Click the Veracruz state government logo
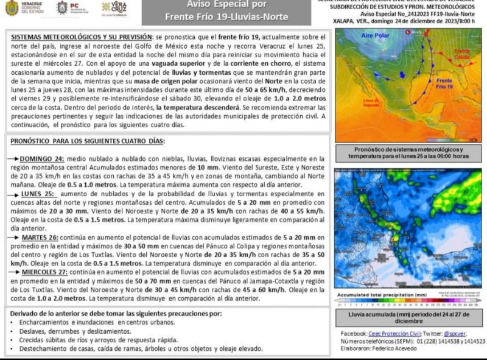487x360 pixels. (25, 8)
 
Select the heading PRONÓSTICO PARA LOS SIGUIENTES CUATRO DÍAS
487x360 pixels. (88, 141)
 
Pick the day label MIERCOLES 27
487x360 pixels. (46, 272)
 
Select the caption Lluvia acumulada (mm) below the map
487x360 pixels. (408, 317)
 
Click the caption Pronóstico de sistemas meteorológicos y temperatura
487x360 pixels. (408, 153)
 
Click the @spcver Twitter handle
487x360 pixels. (455, 333)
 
